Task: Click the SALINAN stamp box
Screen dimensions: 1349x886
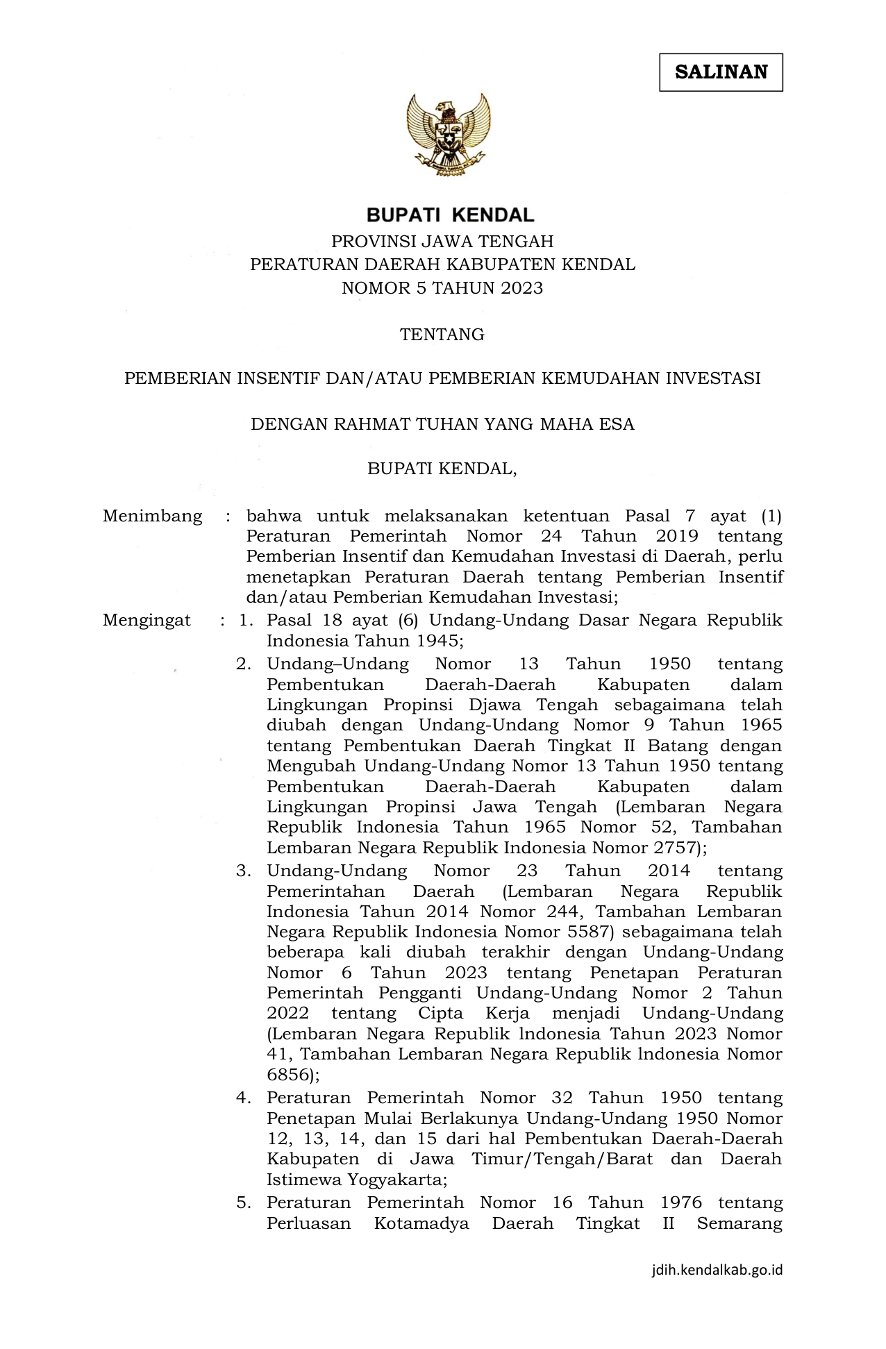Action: tap(721, 72)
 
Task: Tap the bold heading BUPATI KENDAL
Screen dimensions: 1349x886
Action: tap(450, 215)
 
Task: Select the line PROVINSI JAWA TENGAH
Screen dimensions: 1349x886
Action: tap(442, 242)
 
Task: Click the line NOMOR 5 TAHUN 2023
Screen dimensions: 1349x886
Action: tap(442, 288)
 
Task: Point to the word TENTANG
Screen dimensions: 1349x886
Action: tap(442, 335)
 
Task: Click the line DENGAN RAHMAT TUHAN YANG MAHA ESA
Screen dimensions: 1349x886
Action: tap(442, 424)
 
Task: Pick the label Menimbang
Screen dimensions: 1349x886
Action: tap(153, 517)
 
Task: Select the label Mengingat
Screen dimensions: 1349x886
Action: tap(147, 621)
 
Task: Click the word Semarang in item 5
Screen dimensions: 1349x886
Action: tap(739, 1223)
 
